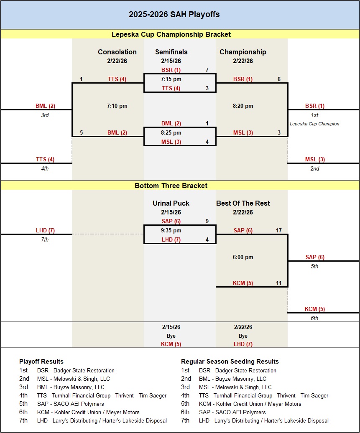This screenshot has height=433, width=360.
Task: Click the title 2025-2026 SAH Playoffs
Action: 174,15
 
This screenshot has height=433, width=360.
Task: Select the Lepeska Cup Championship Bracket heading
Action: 171,34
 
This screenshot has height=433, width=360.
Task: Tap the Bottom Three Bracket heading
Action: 171,186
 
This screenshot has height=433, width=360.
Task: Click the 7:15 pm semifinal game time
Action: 171,79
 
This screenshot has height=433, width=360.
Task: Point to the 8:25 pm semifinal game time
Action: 171,132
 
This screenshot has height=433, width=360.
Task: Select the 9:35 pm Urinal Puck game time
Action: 171,230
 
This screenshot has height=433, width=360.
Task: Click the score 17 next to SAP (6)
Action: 278,230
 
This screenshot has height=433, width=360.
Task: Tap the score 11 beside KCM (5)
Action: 278,283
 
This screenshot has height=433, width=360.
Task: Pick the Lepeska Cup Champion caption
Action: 314,124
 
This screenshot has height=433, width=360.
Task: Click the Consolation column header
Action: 117,52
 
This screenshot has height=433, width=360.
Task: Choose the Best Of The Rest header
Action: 243,204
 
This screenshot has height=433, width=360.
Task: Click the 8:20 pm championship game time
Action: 243,106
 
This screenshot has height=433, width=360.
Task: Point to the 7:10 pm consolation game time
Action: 117,106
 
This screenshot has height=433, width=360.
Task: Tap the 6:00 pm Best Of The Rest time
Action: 243,257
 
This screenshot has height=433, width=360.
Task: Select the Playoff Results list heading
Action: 41,362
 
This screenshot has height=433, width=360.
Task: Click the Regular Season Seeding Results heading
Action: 230,362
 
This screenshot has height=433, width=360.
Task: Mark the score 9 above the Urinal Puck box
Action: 207,221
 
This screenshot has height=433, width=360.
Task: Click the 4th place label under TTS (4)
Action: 45,168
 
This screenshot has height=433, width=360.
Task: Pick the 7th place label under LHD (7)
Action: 45,239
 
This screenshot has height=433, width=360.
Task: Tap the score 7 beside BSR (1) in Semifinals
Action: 207,70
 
